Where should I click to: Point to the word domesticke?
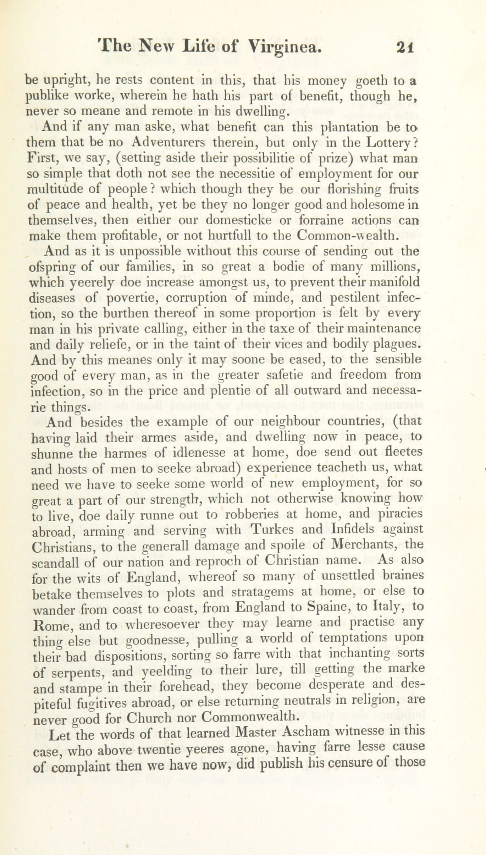click(x=239, y=220)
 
